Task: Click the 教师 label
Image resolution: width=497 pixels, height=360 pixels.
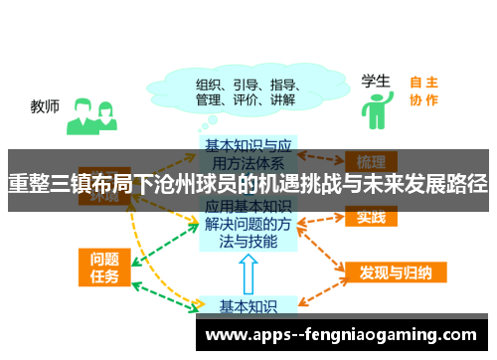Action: tap(45, 105)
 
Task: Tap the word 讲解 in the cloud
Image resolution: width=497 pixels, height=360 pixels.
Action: tap(282, 99)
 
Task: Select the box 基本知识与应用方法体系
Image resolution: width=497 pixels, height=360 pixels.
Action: tap(245, 149)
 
